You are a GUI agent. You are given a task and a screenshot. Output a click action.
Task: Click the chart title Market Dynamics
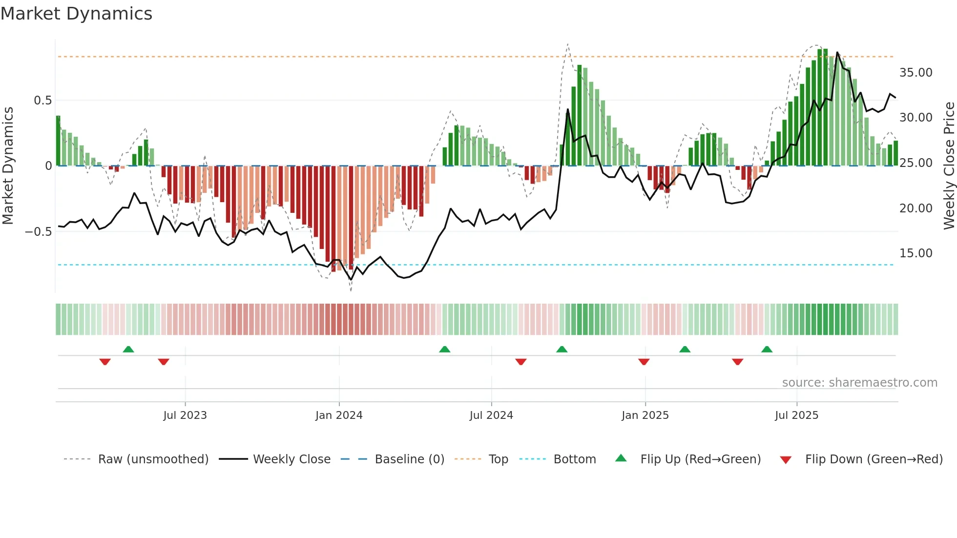click(77, 14)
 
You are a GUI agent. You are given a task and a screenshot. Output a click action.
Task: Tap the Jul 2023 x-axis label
click(185, 415)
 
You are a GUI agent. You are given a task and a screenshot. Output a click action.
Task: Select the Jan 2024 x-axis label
click(339, 415)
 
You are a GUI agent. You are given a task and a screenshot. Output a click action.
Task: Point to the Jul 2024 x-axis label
click(491, 415)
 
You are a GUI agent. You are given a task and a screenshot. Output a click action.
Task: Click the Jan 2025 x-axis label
click(645, 415)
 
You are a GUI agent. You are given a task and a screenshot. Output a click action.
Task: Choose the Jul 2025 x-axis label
click(796, 415)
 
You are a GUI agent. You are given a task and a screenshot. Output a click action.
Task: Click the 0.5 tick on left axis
click(42, 101)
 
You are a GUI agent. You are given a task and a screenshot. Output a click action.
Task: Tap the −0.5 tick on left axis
click(39, 232)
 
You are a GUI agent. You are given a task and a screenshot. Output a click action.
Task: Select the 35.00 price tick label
click(915, 73)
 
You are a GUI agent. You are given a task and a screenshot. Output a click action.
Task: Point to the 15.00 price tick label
click(915, 253)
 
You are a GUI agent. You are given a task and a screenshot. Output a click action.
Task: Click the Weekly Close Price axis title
click(949, 166)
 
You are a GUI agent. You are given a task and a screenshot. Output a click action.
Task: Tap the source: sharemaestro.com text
click(859, 383)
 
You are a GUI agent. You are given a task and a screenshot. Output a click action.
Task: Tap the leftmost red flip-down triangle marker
click(105, 362)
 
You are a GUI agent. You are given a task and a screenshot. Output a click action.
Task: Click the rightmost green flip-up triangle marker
click(767, 350)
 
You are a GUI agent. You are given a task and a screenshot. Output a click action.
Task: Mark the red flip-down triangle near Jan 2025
click(644, 362)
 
